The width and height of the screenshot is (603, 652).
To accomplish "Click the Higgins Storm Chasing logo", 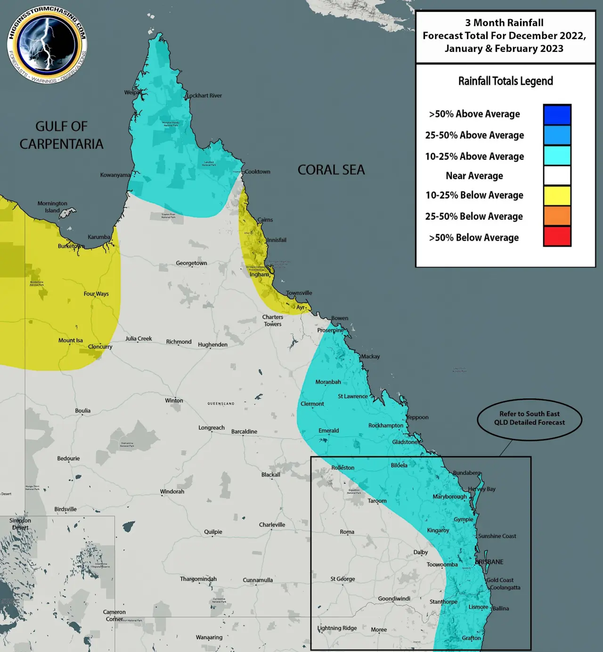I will click(47, 45).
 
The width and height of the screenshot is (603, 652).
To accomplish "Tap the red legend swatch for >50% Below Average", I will click(557, 236).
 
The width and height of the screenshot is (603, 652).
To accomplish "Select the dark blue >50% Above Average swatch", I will click(557, 114).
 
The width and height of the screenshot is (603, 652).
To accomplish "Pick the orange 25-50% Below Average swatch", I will click(557, 216).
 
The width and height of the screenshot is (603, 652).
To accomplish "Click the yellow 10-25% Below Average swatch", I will click(557, 196).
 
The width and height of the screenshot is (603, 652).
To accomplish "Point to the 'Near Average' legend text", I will click(474, 176).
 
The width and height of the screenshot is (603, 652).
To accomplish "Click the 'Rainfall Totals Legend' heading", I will click(505, 81).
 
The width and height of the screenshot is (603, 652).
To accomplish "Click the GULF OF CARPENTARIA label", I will click(61, 135).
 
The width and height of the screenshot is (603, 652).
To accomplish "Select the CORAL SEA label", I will click(331, 170).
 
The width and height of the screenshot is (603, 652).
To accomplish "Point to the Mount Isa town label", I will click(70, 340).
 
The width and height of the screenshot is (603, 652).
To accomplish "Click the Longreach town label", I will click(211, 428).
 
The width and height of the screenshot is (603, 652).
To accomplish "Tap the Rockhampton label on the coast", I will click(386, 425).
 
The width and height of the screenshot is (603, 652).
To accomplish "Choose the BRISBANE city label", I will click(489, 562).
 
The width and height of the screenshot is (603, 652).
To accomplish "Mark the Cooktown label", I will click(257, 171).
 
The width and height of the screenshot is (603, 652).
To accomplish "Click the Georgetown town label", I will click(191, 263).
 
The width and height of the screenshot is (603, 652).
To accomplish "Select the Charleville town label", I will click(272, 525).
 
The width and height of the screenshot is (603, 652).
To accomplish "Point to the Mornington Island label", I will click(52, 207).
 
